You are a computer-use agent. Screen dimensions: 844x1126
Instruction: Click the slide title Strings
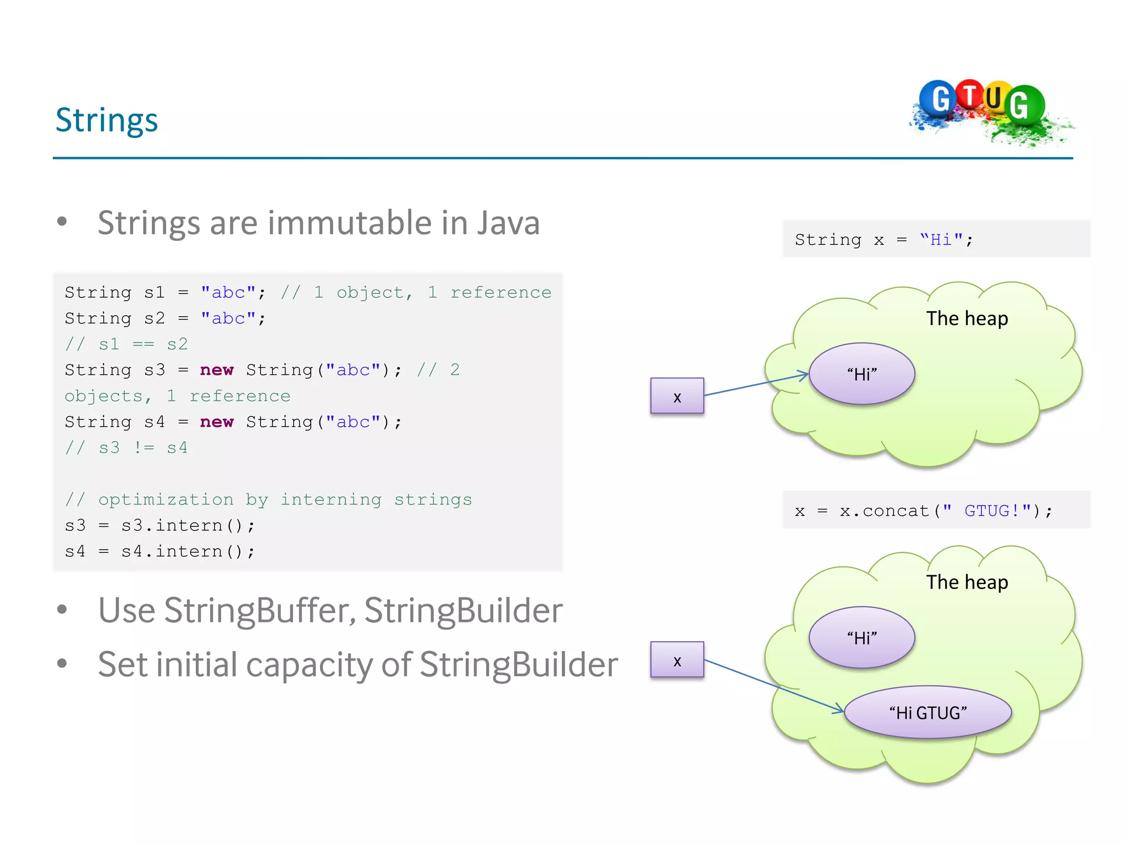[x=107, y=120]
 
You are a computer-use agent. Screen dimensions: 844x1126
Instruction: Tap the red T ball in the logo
[x=970, y=95]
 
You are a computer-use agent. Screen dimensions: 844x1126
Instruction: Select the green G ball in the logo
[x=1024, y=104]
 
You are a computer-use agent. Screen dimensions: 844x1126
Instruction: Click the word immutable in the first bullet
[x=350, y=223]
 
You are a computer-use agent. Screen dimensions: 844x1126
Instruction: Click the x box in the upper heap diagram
[x=677, y=396]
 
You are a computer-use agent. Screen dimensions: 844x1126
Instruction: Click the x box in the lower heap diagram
[x=677, y=659]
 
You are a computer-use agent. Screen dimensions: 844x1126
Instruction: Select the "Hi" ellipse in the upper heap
[x=862, y=374]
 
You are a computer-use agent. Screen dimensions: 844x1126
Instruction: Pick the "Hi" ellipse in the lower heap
[x=862, y=637]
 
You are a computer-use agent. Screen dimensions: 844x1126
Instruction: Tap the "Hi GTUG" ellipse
[x=928, y=712]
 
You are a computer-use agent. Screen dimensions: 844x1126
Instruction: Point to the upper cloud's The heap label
[x=967, y=318]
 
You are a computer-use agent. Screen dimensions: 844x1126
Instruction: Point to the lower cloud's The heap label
[x=967, y=582]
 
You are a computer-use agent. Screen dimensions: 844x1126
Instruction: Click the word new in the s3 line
[x=217, y=370]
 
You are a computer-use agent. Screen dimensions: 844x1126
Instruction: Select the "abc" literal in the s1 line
[x=228, y=292]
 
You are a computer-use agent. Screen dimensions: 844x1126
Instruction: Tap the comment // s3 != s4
[x=126, y=447]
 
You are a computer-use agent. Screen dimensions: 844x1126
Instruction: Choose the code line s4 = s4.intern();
[x=159, y=551]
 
